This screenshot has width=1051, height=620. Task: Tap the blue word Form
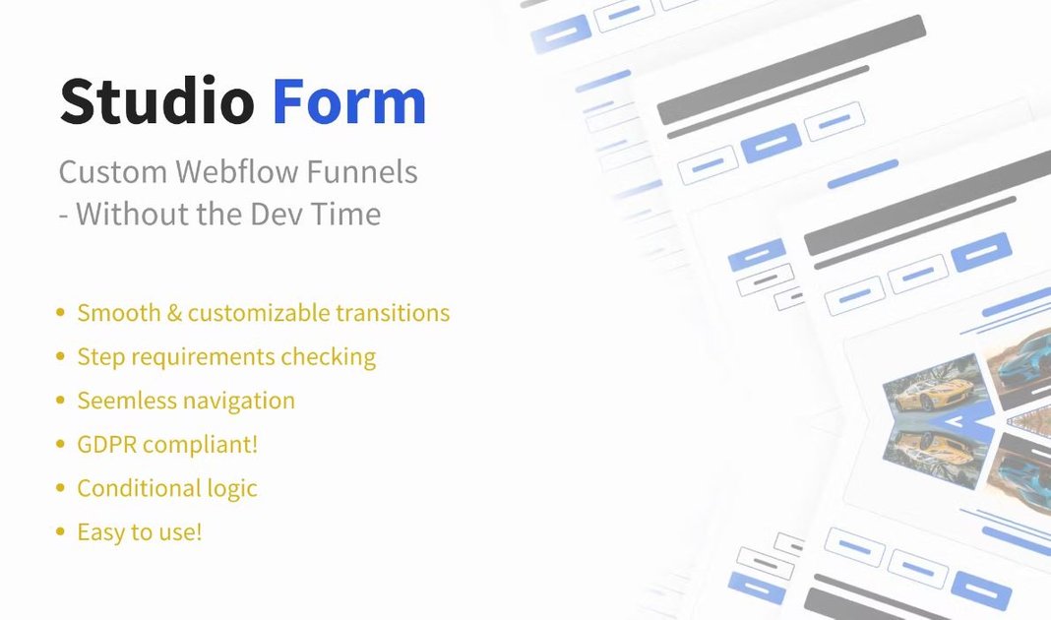click(x=349, y=102)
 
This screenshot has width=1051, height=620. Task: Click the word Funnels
click(x=364, y=172)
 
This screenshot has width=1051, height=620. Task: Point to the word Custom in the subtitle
click(x=113, y=172)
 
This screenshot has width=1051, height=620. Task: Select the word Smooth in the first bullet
click(x=119, y=313)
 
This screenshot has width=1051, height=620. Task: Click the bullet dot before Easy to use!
click(x=61, y=532)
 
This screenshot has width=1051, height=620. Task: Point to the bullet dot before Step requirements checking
click(x=61, y=356)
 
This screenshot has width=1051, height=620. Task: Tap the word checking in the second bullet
click(x=328, y=357)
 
